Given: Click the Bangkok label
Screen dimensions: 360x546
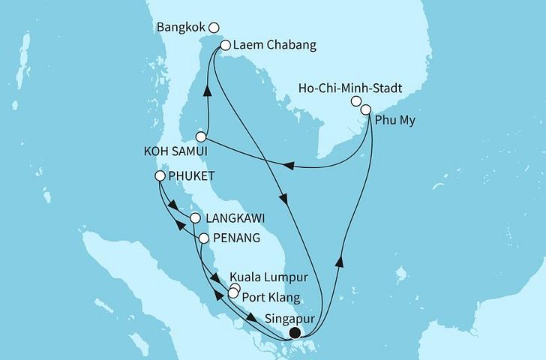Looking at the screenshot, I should pos(181,27).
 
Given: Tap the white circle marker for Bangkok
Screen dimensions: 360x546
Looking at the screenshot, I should pos(214,28).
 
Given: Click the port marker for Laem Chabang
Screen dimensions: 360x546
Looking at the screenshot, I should pos(224,46).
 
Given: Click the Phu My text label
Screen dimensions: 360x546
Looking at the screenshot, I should pos(398,119).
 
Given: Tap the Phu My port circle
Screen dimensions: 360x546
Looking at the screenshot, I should pos(366,110).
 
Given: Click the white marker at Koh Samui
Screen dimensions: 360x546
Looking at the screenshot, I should pos(201,136).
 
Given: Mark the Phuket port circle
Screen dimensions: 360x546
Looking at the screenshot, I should pos(160,176).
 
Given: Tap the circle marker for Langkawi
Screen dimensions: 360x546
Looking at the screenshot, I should pos(195,219).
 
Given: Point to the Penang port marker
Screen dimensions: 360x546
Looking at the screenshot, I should pos(203,238).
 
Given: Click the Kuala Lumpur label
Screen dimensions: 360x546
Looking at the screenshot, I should pos(279,278).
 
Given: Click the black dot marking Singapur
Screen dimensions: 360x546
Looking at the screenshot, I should pos(296,333).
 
